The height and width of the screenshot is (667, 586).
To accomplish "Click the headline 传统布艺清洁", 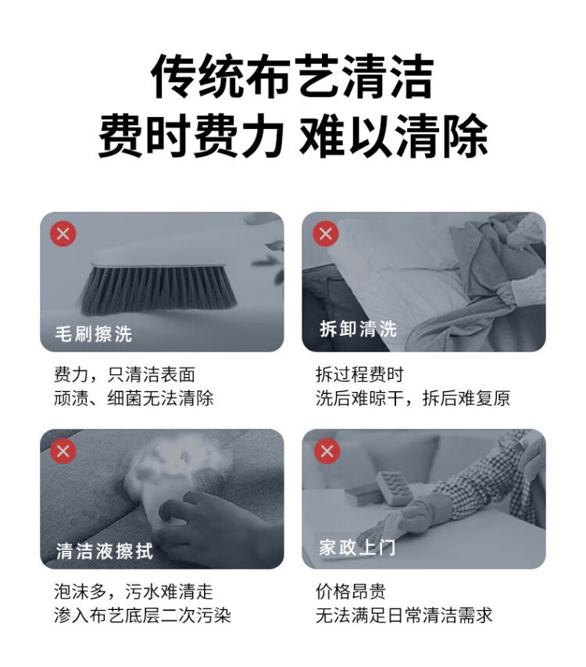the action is (x=293, y=77).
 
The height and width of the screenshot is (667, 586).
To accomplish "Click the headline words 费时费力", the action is (x=191, y=136).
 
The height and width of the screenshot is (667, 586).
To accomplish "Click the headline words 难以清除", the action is (x=394, y=136).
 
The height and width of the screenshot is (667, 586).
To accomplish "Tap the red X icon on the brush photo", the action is (x=63, y=234).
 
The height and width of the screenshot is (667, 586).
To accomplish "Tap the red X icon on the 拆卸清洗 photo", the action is (x=326, y=234).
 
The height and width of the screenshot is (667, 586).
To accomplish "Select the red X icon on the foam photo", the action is (x=63, y=451).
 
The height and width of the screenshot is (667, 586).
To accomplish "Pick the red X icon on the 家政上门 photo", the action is (x=327, y=451).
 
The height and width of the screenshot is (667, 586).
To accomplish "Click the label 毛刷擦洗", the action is (x=93, y=333).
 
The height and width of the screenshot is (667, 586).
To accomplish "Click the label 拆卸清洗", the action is (x=359, y=329).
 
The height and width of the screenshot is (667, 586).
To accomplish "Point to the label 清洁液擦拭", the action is (x=104, y=551).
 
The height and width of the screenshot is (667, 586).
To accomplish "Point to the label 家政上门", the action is (x=358, y=547).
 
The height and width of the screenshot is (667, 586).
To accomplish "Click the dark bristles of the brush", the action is (x=159, y=289).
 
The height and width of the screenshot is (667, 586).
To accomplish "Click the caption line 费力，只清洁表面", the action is (x=124, y=375).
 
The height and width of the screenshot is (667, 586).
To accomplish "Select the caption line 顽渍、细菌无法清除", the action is (x=134, y=398).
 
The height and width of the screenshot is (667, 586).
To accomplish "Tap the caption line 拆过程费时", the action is (x=359, y=375).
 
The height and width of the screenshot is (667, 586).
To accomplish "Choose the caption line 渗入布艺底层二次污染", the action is (x=142, y=615).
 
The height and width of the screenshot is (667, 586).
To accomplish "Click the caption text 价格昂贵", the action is (x=351, y=592).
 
